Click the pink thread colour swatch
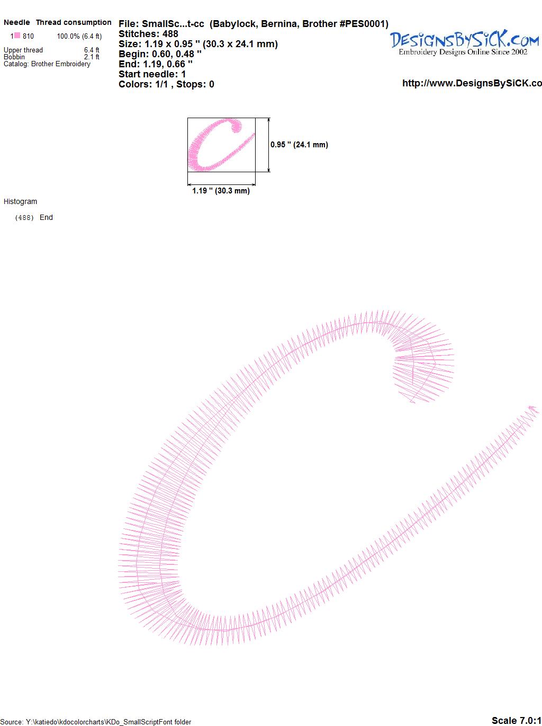click(17, 36)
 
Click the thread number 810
click(28, 36)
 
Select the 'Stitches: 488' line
click(148, 34)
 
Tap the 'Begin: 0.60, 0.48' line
click(160, 54)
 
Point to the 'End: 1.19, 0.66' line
click(156, 64)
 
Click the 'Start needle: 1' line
click(152, 74)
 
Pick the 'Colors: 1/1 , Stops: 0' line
click(166, 84)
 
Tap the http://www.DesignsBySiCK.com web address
click(472, 83)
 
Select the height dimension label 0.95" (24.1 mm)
click(299, 145)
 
